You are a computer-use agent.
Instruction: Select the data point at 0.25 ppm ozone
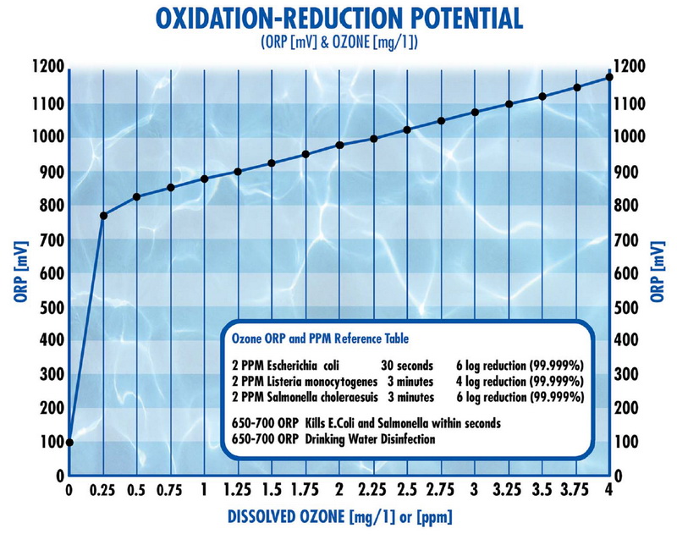tap(103, 216)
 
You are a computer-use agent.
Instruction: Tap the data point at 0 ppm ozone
tap(69, 442)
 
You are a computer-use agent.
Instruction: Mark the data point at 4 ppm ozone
tap(609, 78)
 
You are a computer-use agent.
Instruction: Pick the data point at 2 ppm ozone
tap(339, 145)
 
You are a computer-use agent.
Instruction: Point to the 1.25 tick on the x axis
tap(238, 490)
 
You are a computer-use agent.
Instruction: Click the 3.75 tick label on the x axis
tap(575, 490)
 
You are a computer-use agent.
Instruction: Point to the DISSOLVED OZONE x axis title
tap(338, 516)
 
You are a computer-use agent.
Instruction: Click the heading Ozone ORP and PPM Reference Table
tap(320, 339)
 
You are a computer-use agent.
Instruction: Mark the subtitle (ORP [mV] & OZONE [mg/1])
tap(338, 42)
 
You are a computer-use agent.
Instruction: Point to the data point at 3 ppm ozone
tap(475, 112)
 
